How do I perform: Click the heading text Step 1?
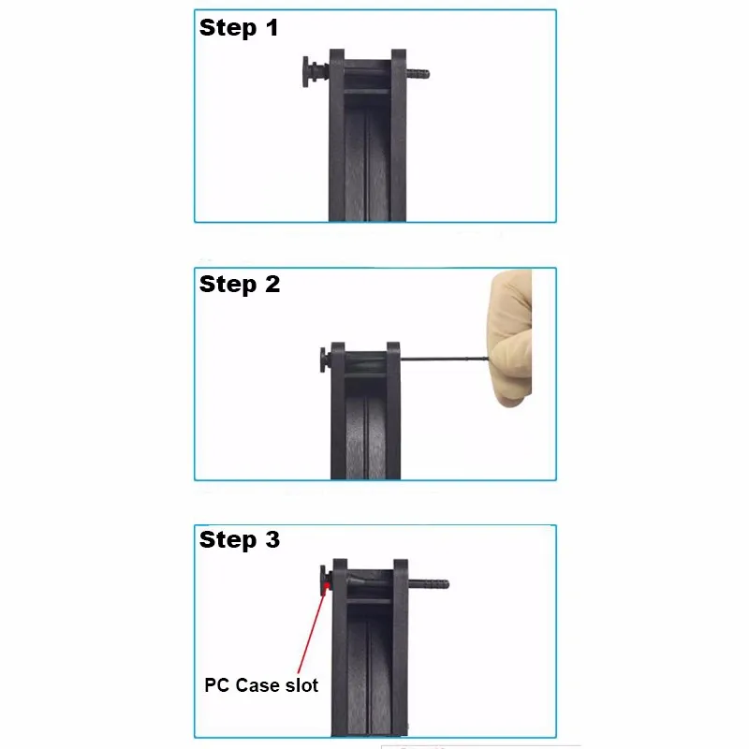[239, 28]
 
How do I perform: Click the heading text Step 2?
[240, 285]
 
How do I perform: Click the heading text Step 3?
[240, 540]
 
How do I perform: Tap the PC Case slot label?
[261, 685]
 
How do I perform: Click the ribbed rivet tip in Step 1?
[418, 72]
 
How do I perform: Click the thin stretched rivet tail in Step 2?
[449, 360]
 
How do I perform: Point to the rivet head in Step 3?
[321, 580]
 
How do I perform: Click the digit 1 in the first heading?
[272, 28]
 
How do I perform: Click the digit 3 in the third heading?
[272, 540]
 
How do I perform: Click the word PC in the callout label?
[216, 685]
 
